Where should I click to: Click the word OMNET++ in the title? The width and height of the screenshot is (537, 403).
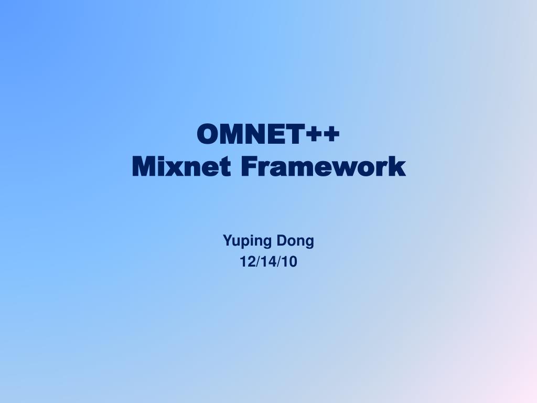[x=268, y=135]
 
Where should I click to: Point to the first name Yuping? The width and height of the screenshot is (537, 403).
[x=248, y=242]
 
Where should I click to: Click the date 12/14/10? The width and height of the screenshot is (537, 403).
[x=268, y=261]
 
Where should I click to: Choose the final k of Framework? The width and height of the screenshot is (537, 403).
[x=399, y=167]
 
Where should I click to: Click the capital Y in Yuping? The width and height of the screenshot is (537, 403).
[x=228, y=241]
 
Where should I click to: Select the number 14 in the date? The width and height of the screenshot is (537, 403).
[x=268, y=261]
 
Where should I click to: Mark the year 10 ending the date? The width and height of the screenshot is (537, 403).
[x=289, y=261]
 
